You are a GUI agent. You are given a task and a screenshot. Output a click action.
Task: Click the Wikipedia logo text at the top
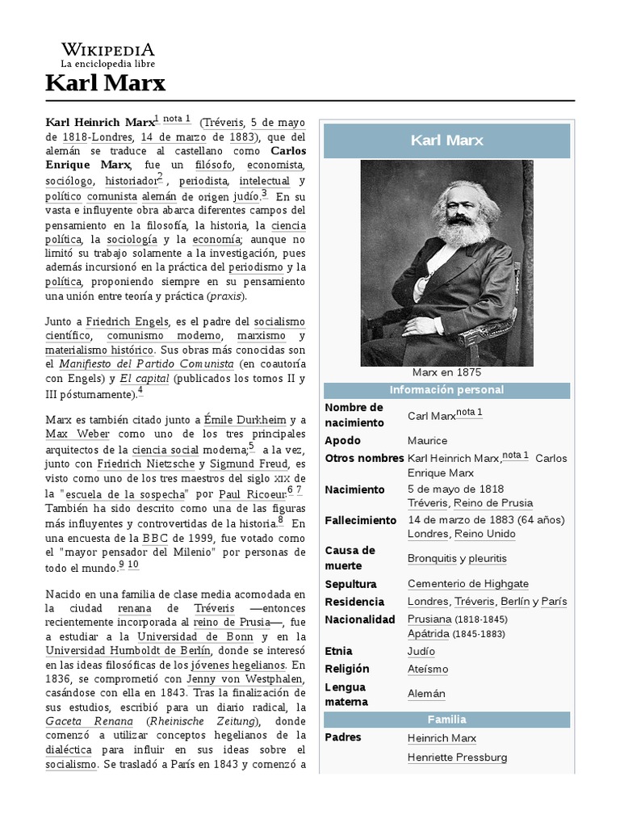[x=108, y=49]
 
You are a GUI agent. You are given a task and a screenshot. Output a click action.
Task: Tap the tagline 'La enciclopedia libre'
[x=108, y=64]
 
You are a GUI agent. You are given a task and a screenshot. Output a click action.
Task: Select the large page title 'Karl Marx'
[x=105, y=83]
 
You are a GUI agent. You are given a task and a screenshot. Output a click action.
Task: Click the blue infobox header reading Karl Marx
[x=446, y=141]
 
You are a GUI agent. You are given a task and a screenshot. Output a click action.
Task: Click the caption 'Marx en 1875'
[x=446, y=372]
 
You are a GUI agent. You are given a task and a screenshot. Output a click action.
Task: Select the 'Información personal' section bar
[x=446, y=390]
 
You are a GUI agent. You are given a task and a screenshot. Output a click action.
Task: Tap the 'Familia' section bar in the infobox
[x=446, y=720]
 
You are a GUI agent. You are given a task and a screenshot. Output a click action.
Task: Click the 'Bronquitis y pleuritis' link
[x=457, y=558]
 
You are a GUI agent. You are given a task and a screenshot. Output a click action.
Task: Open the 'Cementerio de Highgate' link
[x=467, y=584]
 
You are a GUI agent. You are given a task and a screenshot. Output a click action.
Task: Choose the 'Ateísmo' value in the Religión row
[x=428, y=669]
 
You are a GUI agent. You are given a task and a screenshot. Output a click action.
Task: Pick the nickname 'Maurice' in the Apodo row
[x=427, y=440]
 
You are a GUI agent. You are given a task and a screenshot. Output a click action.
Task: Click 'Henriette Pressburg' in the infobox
[x=457, y=758]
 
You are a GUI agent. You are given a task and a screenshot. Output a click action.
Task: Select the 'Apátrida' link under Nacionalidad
[x=429, y=634]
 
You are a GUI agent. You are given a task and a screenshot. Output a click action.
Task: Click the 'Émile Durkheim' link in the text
[x=245, y=419]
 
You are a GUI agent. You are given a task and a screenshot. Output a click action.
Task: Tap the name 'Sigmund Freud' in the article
[x=247, y=464]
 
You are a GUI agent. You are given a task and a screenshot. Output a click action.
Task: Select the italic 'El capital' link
[x=145, y=377]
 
